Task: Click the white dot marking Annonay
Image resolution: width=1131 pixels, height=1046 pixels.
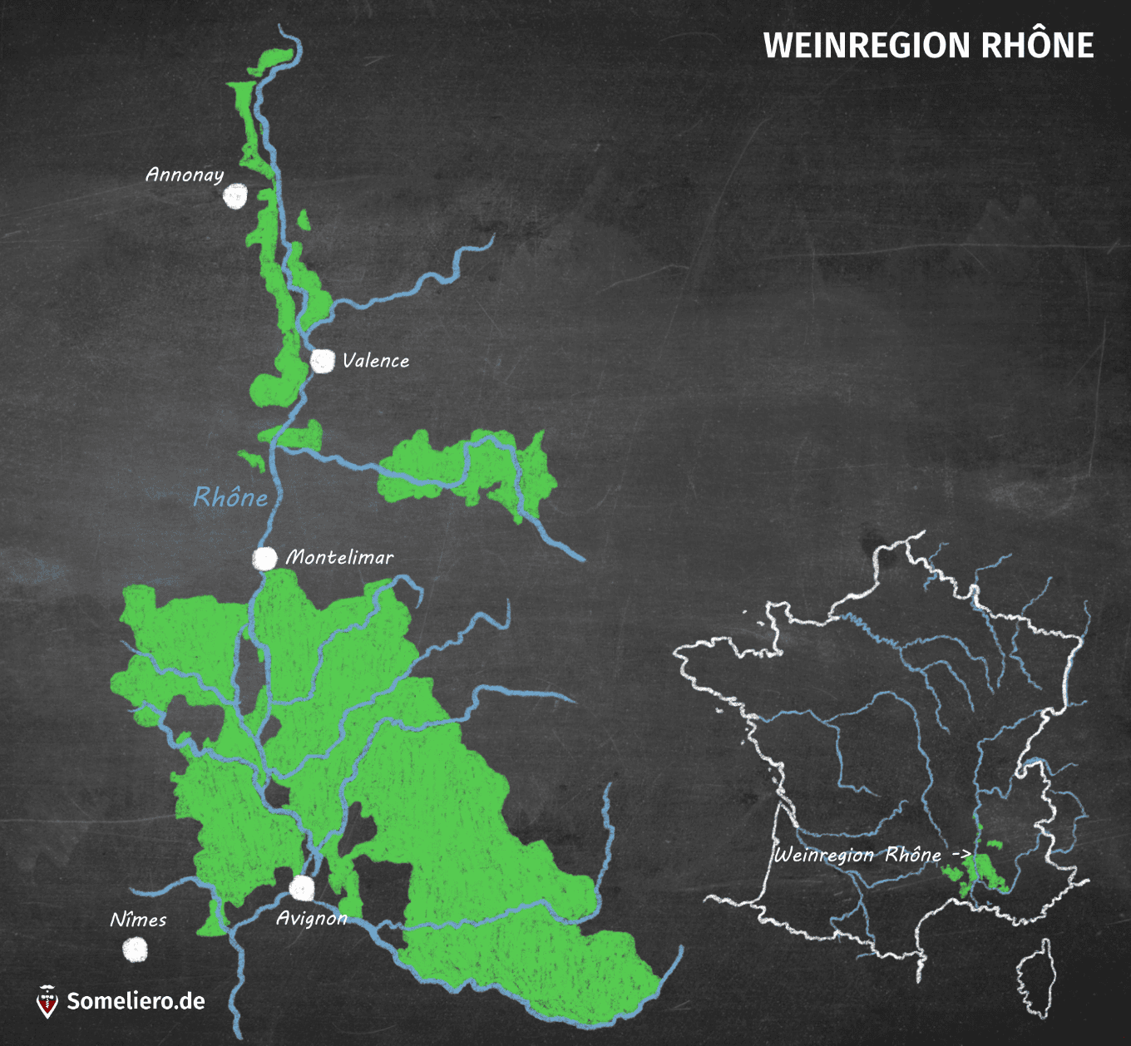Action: pyautogui.click(x=235, y=196)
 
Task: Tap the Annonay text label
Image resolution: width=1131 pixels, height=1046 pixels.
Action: pyautogui.click(x=185, y=175)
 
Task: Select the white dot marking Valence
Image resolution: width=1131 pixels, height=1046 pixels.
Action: pyautogui.click(x=322, y=361)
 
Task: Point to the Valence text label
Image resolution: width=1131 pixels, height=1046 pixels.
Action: pyautogui.click(x=376, y=361)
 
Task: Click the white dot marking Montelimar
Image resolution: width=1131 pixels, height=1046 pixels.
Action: pyautogui.click(x=264, y=558)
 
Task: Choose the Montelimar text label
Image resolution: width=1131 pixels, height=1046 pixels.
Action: pyautogui.click(x=339, y=557)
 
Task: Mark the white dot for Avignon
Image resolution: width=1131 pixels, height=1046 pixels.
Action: pyautogui.click(x=302, y=888)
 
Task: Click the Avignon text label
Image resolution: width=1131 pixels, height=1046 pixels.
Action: pyautogui.click(x=311, y=918)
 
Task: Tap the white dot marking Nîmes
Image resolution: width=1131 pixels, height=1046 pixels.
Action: pyautogui.click(x=134, y=949)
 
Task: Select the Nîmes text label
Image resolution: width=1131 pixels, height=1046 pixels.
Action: pyautogui.click(x=138, y=920)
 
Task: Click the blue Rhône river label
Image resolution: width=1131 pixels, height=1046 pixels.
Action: pyautogui.click(x=230, y=497)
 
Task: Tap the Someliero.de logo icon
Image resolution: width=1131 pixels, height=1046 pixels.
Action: pyautogui.click(x=47, y=1001)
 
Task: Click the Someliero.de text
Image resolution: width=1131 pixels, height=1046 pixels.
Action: pyautogui.click(x=136, y=1001)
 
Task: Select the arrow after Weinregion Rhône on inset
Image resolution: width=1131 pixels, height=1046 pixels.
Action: pyautogui.click(x=961, y=854)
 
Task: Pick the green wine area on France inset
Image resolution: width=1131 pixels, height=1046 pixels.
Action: pyautogui.click(x=982, y=871)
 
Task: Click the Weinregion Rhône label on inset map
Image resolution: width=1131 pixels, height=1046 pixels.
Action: pyautogui.click(x=857, y=855)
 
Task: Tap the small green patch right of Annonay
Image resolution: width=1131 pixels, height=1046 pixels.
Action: pyautogui.click(x=303, y=220)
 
